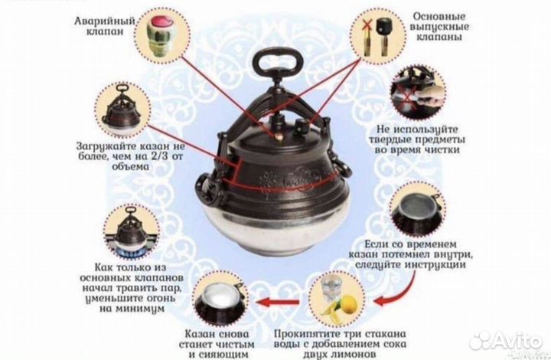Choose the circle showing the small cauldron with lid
(x=121, y=111)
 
